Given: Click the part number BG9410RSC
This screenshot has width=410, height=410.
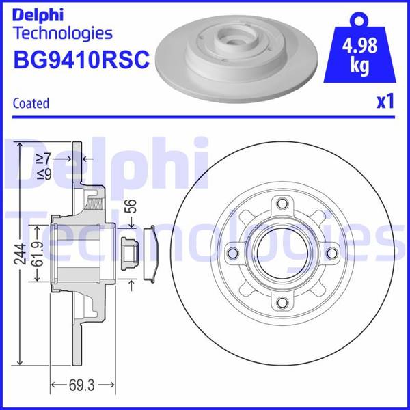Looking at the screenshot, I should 81,61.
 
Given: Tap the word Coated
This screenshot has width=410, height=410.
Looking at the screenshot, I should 31,103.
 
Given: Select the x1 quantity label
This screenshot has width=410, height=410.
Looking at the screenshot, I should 385,102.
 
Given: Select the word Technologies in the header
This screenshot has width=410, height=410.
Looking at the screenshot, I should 62,33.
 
